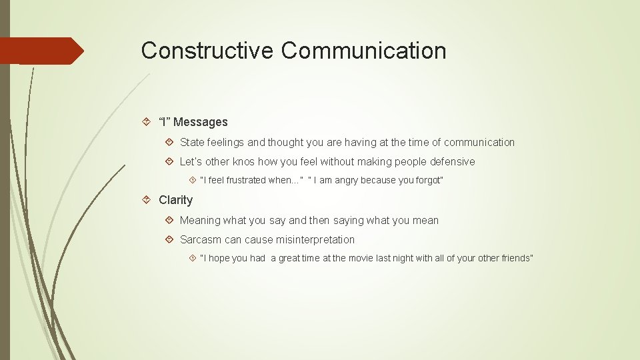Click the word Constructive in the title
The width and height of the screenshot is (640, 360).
coord(207,51)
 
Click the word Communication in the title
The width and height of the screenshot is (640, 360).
coord(363,51)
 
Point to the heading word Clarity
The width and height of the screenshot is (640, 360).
coord(175,200)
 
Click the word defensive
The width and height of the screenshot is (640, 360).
coord(452,161)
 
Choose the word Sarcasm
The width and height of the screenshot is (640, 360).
coord(201,239)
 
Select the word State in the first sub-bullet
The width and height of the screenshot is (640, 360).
coord(192,142)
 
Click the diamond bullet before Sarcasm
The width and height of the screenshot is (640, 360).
coord(170,239)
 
